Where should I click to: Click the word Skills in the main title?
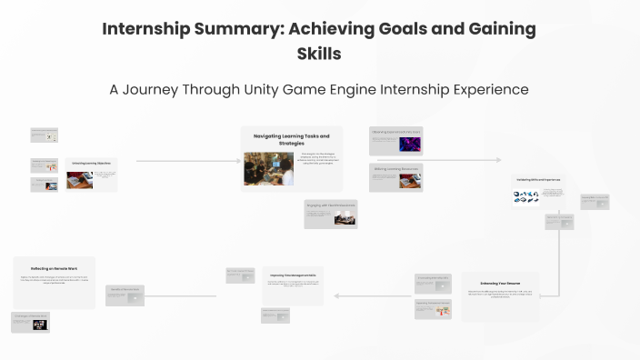coord(319,54)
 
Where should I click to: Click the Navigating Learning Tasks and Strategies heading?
coord(291,139)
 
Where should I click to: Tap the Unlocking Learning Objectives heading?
coord(91,165)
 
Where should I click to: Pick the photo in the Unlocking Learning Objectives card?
coord(79,178)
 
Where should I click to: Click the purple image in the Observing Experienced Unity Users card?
coord(409,144)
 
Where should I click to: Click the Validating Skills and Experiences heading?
coord(538,180)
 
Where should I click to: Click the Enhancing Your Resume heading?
coord(499,282)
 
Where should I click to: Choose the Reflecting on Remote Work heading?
coord(54,269)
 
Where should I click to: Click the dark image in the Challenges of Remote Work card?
coord(41,324)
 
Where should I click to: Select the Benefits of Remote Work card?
coord(125,295)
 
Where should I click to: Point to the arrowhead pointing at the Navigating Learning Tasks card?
coord(235,161)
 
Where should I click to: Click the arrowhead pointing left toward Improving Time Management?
coord(335,295)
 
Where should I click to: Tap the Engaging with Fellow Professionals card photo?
coord(345,218)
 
